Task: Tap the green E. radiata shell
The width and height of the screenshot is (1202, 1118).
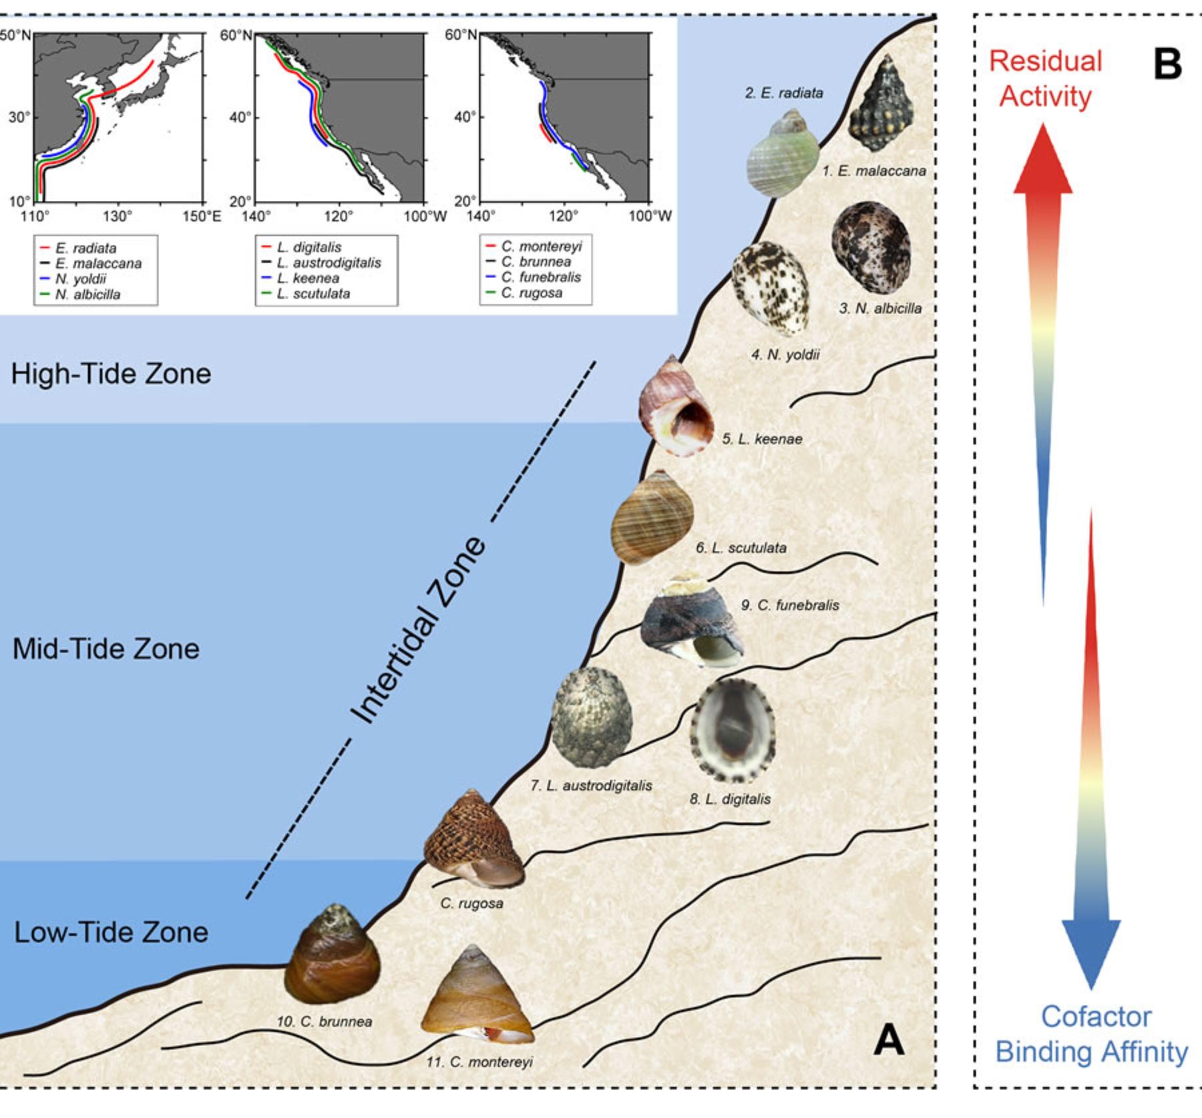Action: click(782, 155)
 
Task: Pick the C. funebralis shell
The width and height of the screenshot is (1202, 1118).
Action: click(692, 622)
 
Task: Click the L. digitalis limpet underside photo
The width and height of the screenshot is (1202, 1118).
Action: click(732, 731)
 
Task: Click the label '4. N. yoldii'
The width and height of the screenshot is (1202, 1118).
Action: click(785, 355)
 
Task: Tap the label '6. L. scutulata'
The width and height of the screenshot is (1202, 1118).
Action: click(741, 548)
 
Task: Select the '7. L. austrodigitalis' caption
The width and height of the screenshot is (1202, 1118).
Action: click(591, 785)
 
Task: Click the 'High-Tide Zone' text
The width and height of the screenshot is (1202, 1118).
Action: click(111, 373)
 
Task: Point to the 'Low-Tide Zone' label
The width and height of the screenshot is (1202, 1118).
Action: click(111, 932)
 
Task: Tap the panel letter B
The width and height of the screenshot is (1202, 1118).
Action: click(1167, 65)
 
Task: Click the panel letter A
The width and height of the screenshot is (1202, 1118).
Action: click(889, 1040)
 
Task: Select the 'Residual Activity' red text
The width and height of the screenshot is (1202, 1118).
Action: click(1045, 78)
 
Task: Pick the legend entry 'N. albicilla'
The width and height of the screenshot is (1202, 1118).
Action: click(87, 295)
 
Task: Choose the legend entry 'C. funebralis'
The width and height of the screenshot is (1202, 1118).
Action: click(541, 277)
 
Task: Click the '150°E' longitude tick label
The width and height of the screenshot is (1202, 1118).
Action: click(202, 216)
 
